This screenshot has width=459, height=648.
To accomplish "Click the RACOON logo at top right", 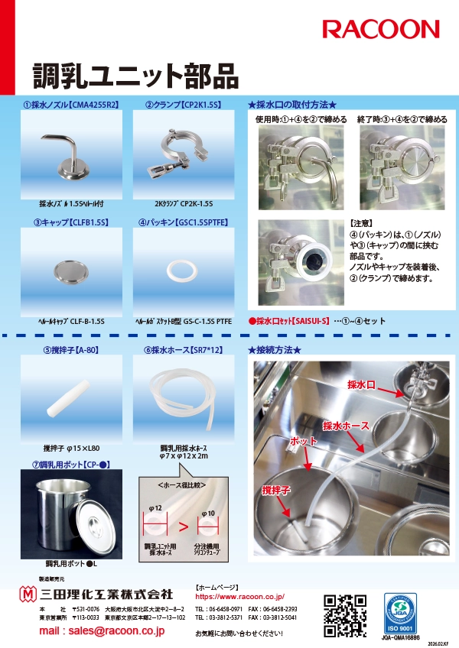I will (x=380, y=30).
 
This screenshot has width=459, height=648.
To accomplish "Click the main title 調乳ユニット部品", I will (x=135, y=76).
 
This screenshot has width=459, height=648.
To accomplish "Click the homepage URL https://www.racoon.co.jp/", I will (x=239, y=595).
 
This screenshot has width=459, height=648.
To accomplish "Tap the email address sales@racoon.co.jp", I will (x=102, y=631).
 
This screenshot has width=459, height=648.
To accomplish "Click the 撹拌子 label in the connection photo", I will (x=277, y=489).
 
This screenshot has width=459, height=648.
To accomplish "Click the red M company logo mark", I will (x=28, y=594).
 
